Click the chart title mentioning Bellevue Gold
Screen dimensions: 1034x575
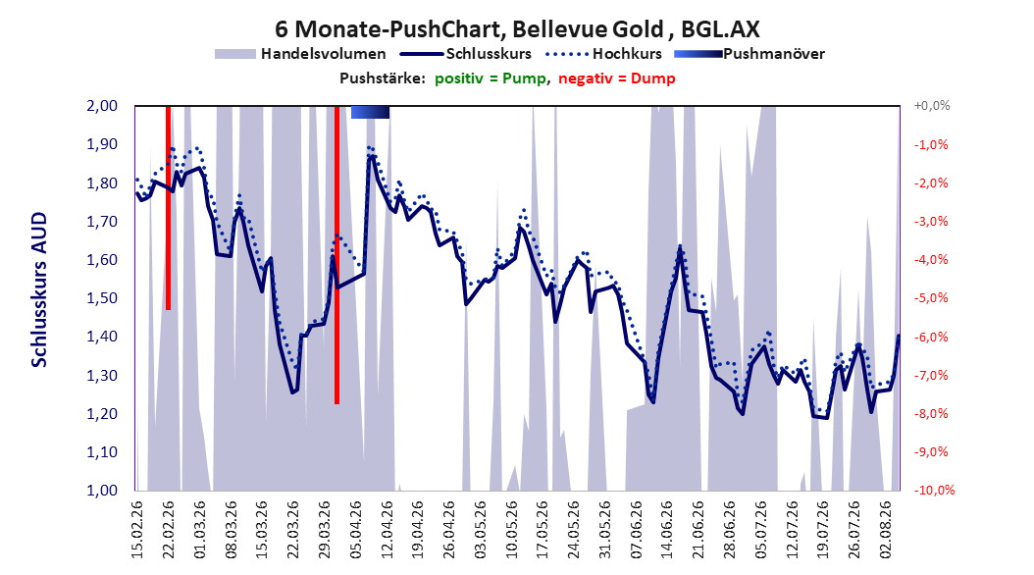click(x=517, y=29)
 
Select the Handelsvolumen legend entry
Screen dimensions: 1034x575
click(x=300, y=54)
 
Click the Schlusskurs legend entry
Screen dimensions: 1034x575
click(x=466, y=54)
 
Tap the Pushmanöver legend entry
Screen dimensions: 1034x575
click(x=750, y=54)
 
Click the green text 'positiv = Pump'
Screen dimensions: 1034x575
click(x=491, y=78)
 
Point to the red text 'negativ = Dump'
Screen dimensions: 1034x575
click(x=617, y=78)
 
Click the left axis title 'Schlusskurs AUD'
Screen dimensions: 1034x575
click(x=39, y=289)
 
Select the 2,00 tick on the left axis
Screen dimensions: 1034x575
click(x=102, y=106)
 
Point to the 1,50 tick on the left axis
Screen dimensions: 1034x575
click(x=102, y=298)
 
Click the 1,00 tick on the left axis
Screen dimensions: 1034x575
click(x=102, y=491)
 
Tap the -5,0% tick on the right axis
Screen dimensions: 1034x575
click(x=931, y=298)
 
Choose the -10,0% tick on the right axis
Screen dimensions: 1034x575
click(x=934, y=491)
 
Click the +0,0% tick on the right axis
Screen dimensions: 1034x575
click(x=932, y=106)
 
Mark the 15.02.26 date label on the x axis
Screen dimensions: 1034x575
click(x=137, y=530)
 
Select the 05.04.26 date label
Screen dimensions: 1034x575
click(x=355, y=530)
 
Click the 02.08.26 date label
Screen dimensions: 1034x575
click(x=886, y=530)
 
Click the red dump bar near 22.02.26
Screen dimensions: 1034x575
click(x=168, y=208)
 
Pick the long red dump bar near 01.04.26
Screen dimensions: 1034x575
click(x=336, y=254)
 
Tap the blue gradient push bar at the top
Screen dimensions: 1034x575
click(x=370, y=112)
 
